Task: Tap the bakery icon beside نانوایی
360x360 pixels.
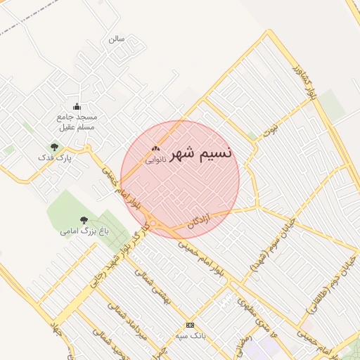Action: tap(155, 149)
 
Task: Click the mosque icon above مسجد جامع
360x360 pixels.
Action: tap(77, 106)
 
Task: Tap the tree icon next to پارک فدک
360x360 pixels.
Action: tap(54, 147)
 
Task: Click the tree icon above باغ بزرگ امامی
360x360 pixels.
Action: tap(84, 220)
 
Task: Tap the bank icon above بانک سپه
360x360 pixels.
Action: tap(190, 325)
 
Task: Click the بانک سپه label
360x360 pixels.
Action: tap(190, 336)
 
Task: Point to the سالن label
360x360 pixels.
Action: tap(116, 39)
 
